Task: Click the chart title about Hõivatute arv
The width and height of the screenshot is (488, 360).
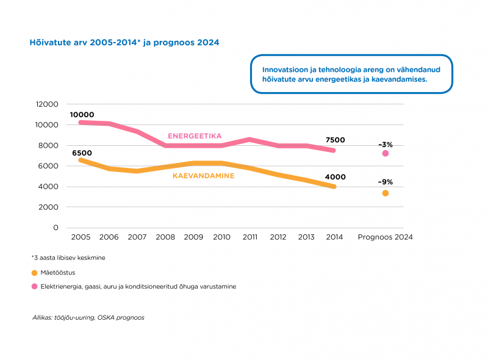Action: tap(124, 43)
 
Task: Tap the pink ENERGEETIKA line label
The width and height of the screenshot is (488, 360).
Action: tap(195, 136)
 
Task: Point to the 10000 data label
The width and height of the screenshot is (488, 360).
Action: tap(82, 115)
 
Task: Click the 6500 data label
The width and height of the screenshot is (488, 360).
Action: tap(82, 153)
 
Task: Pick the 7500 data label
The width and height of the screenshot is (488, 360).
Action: tap(335, 140)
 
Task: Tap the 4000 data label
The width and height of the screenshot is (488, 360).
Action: tap(335, 177)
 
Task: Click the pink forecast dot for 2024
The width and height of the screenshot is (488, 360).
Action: tap(386, 153)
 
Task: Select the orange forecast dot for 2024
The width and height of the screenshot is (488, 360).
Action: tap(386, 193)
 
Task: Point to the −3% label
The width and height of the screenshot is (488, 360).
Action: tap(386, 145)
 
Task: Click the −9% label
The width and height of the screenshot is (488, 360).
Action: tap(386, 182)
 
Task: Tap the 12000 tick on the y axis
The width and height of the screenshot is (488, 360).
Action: tap(47, 104)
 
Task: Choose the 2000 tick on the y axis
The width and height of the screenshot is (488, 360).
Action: tap(49, 207)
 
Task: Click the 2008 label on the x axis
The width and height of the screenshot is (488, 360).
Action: tap(165, 237)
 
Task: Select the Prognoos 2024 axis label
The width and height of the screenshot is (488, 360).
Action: tap(386, 237)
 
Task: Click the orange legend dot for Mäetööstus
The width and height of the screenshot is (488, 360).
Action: tap(34, 272)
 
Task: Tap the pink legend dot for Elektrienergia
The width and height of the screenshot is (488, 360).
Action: tap(34, 286)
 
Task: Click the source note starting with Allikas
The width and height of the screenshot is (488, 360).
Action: tap(88, 317)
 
